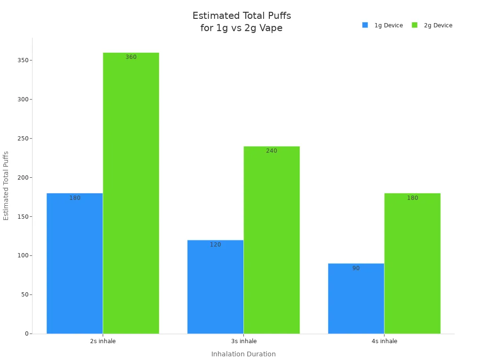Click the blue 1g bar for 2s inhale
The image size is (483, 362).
tap(75, 264)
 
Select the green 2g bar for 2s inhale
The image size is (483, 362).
tap(131, 193)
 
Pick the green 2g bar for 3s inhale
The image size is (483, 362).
tap(271, 240)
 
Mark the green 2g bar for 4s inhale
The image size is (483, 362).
tap(412, 264)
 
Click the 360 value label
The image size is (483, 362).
tap(131, 57)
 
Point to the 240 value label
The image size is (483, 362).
tap(271, 151)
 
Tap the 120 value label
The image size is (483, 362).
tap(215, 245)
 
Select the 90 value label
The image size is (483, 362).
tap(356, 268)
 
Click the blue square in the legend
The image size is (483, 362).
tap(365, 25)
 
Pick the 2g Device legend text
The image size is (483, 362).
tap(438, 25)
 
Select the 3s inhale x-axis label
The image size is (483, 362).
tap(243, 341)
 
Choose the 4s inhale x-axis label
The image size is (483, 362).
tap(384, 341)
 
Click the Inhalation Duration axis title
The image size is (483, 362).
tap(243, 354)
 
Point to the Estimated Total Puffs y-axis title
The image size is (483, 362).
tap(6, 186)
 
